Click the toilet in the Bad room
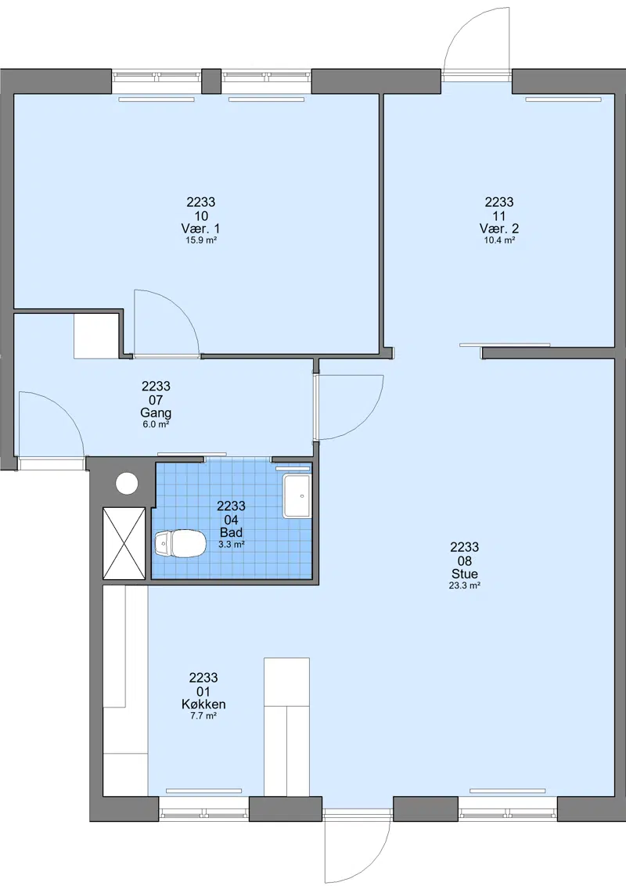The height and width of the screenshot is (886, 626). (x=179, y=544)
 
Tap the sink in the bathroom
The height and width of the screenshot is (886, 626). (x=297, y=496)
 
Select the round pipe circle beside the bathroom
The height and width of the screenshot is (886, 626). (x=127, y=483)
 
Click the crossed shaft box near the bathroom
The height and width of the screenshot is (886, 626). (x=124, y=543)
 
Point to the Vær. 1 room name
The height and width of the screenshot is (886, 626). (x=200, y=229)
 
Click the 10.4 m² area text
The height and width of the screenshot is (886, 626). (x=499, y=240)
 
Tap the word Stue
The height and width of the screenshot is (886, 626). (x=465, y=574)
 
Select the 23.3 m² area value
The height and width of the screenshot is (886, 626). (x=465, y=586)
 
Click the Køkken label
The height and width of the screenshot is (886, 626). (x=203, y=704)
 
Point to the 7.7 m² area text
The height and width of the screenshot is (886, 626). (x=203, y=716)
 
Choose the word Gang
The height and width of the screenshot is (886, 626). (x=156, y=413)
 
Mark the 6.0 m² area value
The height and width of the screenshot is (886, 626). (x=156, y=424)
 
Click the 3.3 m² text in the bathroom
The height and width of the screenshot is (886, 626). (x=231, y=545)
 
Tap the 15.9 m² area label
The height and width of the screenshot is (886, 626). (x=201, y=240)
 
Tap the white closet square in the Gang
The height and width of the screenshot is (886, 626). (x=96, y=337)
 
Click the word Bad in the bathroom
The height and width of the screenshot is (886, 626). (x=231, y=532)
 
